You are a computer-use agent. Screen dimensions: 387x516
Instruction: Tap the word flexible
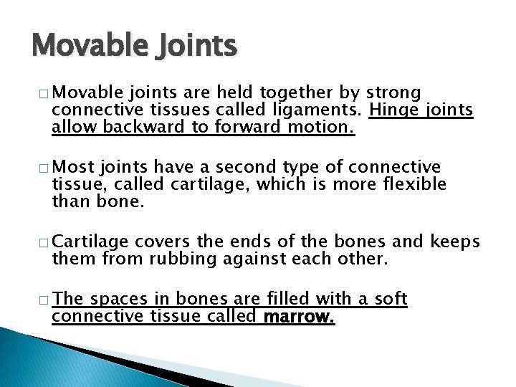pyautogui.click(x=411, y=185)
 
